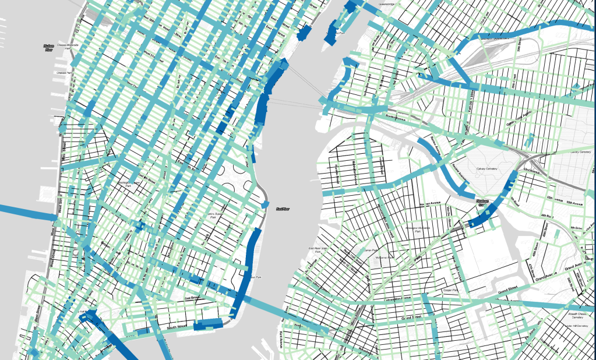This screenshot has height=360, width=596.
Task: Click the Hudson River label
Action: [x=49, y=48]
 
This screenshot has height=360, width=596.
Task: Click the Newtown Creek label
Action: [x=482, y=203]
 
